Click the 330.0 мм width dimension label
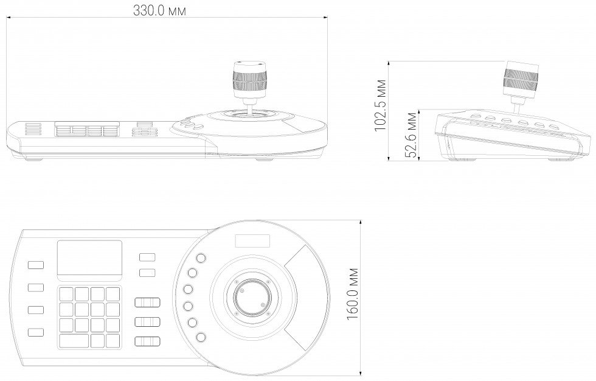(x=159, y=10)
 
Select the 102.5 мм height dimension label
(x=381, y=105)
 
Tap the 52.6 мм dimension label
(x=411, y=135)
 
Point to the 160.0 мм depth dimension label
(x=353, y=294)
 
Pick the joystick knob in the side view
(x=522, y=78)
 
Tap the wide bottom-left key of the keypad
(x=74, y=341)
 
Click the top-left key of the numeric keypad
(x=66, y=295)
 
